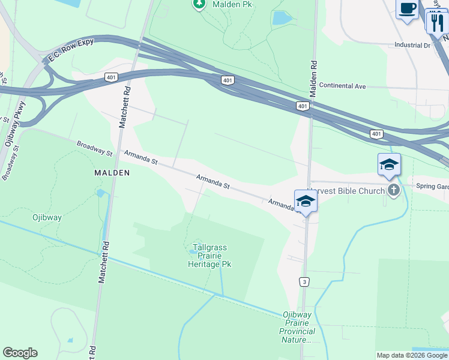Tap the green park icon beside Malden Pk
[x=199, y=4]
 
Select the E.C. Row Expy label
[x=70, y=52]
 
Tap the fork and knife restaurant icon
[x=436, y=23]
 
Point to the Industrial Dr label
[x=412, y=45]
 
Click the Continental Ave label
[x=342, y=86]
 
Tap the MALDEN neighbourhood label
[x=112, y=172]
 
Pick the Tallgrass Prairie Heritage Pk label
[x=209, y=255]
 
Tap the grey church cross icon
[x=394, y=190]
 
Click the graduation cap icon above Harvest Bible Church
[x=389, y=165]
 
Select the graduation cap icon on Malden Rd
[x=306, y=201]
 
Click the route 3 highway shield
[x=305, y=281]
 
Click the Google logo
[x=20, y=353]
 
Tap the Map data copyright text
[x=412, y=355]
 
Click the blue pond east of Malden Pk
[x=280, y=17]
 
